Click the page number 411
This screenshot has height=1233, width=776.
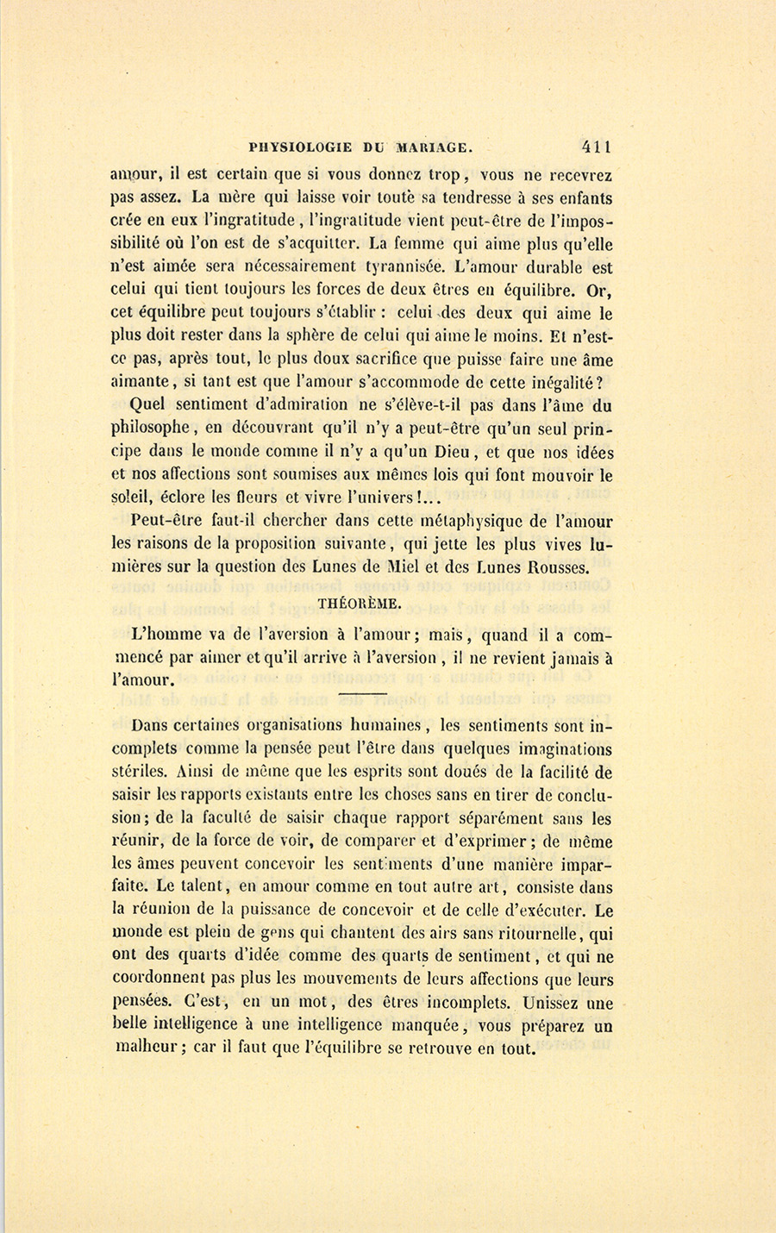coord(597,147)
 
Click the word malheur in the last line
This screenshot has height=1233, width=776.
coord(147,1050)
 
